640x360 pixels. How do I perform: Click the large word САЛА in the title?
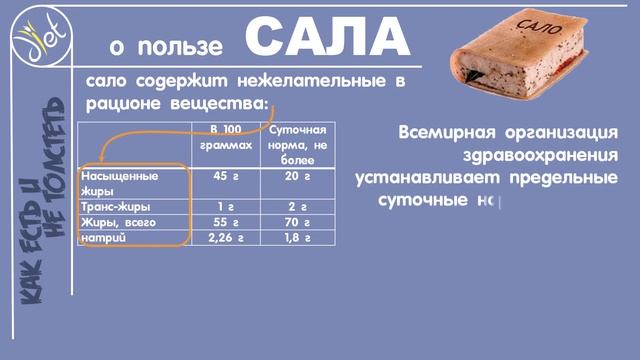[x=328, y=39]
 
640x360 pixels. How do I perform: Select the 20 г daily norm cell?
[x=291, y=177]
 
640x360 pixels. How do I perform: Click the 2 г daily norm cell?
[x=291, y=206]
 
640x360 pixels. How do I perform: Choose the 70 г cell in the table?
[x=291, y=222]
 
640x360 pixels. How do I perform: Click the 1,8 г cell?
[x=291, y=238]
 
